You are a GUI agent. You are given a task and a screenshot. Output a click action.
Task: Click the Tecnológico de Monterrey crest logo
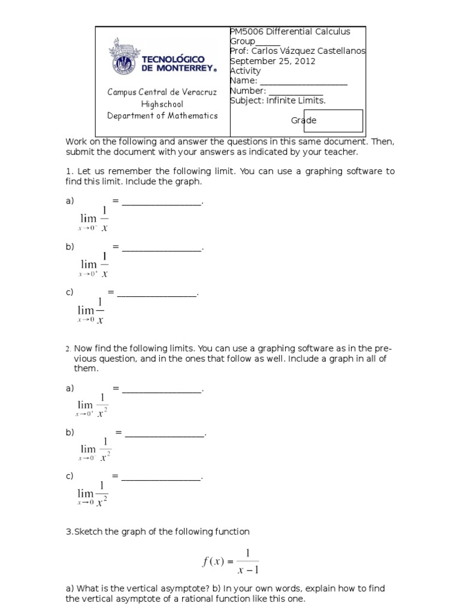pyautogui.click(x=122, y=58)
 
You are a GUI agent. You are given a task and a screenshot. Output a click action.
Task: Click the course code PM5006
pyautogui.click(x=247, y=31)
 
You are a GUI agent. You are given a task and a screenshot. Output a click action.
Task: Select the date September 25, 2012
pyautogui.click(x=273, y=61)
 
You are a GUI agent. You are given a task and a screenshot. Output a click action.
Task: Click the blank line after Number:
pyautogui.click(x=296, y=91)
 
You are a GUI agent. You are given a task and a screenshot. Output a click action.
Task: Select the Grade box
pyautogui.click(x=336, y=120)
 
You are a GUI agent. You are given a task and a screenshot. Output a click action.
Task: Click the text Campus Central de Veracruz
pyautogui.click(x=162, y=92)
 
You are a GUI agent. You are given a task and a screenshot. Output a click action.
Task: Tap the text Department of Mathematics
pyautogui.click(x=162, y=116)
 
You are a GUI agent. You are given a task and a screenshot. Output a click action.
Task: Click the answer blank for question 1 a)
pyautogui.click(x=162, y=202)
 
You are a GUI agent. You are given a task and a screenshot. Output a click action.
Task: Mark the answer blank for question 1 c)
pyautogui.click(x=157, y=293)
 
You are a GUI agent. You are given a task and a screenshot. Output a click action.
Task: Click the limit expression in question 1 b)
pyautogui.click(x=94, y=265)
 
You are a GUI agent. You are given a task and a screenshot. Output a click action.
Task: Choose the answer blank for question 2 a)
pyautogui.click(x=162, y=389)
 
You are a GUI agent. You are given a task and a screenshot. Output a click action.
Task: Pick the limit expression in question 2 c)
pyautogui.click(x=93, y=493)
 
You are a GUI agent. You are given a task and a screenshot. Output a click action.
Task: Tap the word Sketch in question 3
pyautogui.click(x=88, y=532)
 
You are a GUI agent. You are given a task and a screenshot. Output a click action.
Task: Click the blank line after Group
pyautogui.click(x=268, y=41)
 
